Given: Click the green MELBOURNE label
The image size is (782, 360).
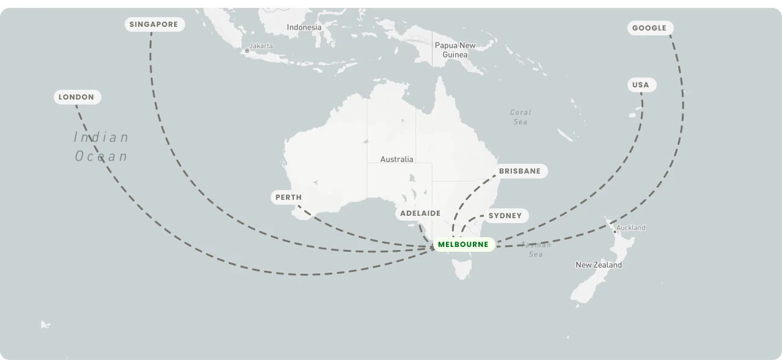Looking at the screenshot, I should point(463,244).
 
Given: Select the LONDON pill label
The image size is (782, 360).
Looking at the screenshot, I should point(76,97).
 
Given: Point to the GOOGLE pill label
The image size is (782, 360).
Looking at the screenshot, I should point(649,28).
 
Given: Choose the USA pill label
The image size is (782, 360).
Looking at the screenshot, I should point(640,85).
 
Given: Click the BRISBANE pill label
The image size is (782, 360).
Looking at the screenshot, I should point(520,171).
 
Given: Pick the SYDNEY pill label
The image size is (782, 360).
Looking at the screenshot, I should point(505,216).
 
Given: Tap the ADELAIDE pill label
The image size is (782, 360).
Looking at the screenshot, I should point(420,213).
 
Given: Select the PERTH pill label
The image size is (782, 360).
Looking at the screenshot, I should point(288,197).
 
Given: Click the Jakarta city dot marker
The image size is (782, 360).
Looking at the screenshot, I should point(247,51).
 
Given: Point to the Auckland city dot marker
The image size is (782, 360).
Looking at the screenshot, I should point(615,232).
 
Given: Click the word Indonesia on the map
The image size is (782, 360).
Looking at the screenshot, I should point(304,28).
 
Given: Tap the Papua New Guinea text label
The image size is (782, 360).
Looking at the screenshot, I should point(455,50).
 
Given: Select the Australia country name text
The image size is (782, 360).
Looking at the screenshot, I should point(396,160).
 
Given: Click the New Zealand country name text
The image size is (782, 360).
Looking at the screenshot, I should point(598,265).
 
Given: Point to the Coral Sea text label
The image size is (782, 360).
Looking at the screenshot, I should point(520,117).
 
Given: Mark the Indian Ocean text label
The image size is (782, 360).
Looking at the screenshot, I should point(101,147).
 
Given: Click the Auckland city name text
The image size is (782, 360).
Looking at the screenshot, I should point(630,228).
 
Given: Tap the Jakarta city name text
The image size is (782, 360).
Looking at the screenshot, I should point(261,46).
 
